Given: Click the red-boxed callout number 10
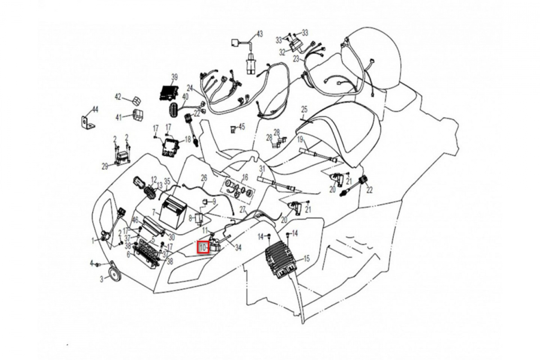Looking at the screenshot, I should point(203,247).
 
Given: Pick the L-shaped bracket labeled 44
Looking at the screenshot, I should point(87,121).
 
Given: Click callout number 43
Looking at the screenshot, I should point(259,34).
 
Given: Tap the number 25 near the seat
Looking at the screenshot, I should point(304,109).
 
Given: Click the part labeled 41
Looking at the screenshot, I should point(137,115).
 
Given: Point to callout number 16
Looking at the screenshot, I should point(245,176).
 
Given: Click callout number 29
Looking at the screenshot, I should point(105,166).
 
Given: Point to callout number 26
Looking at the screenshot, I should point(203,177).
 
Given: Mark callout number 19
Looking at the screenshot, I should point(300,139).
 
